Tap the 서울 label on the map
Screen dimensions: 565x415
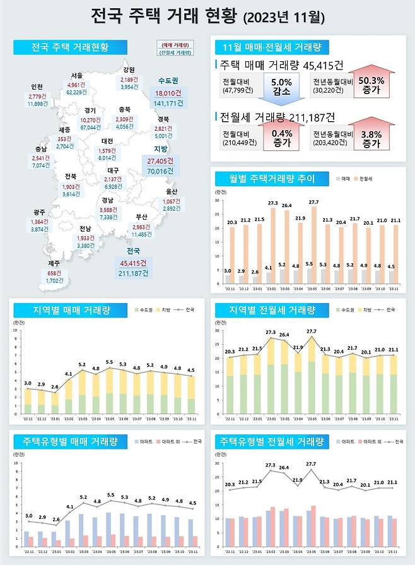click(x=76, y=76)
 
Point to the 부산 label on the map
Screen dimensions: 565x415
click(x=141, y=217)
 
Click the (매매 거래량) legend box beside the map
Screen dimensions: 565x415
click(x=176, y=45)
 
